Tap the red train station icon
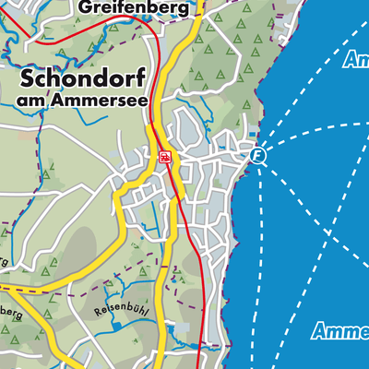164,157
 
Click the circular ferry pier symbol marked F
258,157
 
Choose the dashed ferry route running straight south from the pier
261,258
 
